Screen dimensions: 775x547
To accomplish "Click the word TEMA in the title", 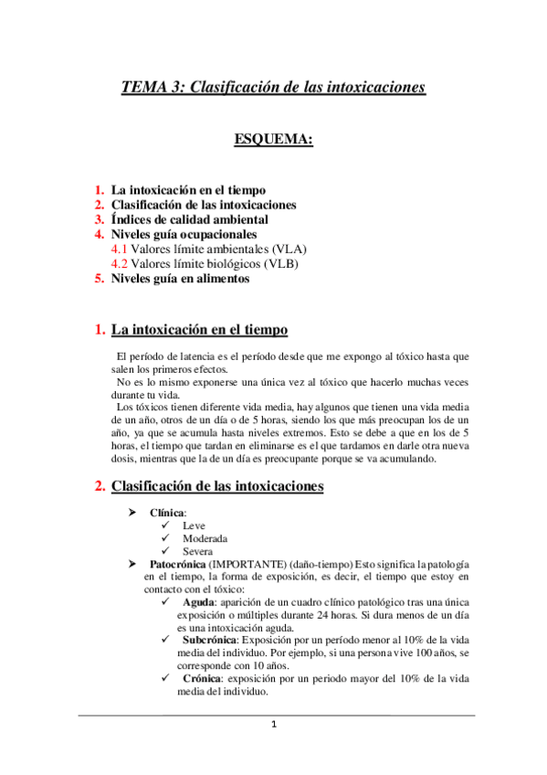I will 143,88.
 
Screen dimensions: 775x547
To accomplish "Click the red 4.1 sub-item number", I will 119,249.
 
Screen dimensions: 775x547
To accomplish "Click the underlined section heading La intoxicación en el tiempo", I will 199,329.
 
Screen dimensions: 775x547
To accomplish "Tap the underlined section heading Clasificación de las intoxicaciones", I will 216,487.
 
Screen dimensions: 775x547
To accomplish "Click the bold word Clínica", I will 168,514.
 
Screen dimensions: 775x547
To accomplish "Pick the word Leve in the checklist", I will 194,526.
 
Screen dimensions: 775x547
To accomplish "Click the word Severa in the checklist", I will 198,552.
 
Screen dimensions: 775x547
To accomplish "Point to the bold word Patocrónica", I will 177,565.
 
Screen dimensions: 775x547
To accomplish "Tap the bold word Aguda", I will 198,604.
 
